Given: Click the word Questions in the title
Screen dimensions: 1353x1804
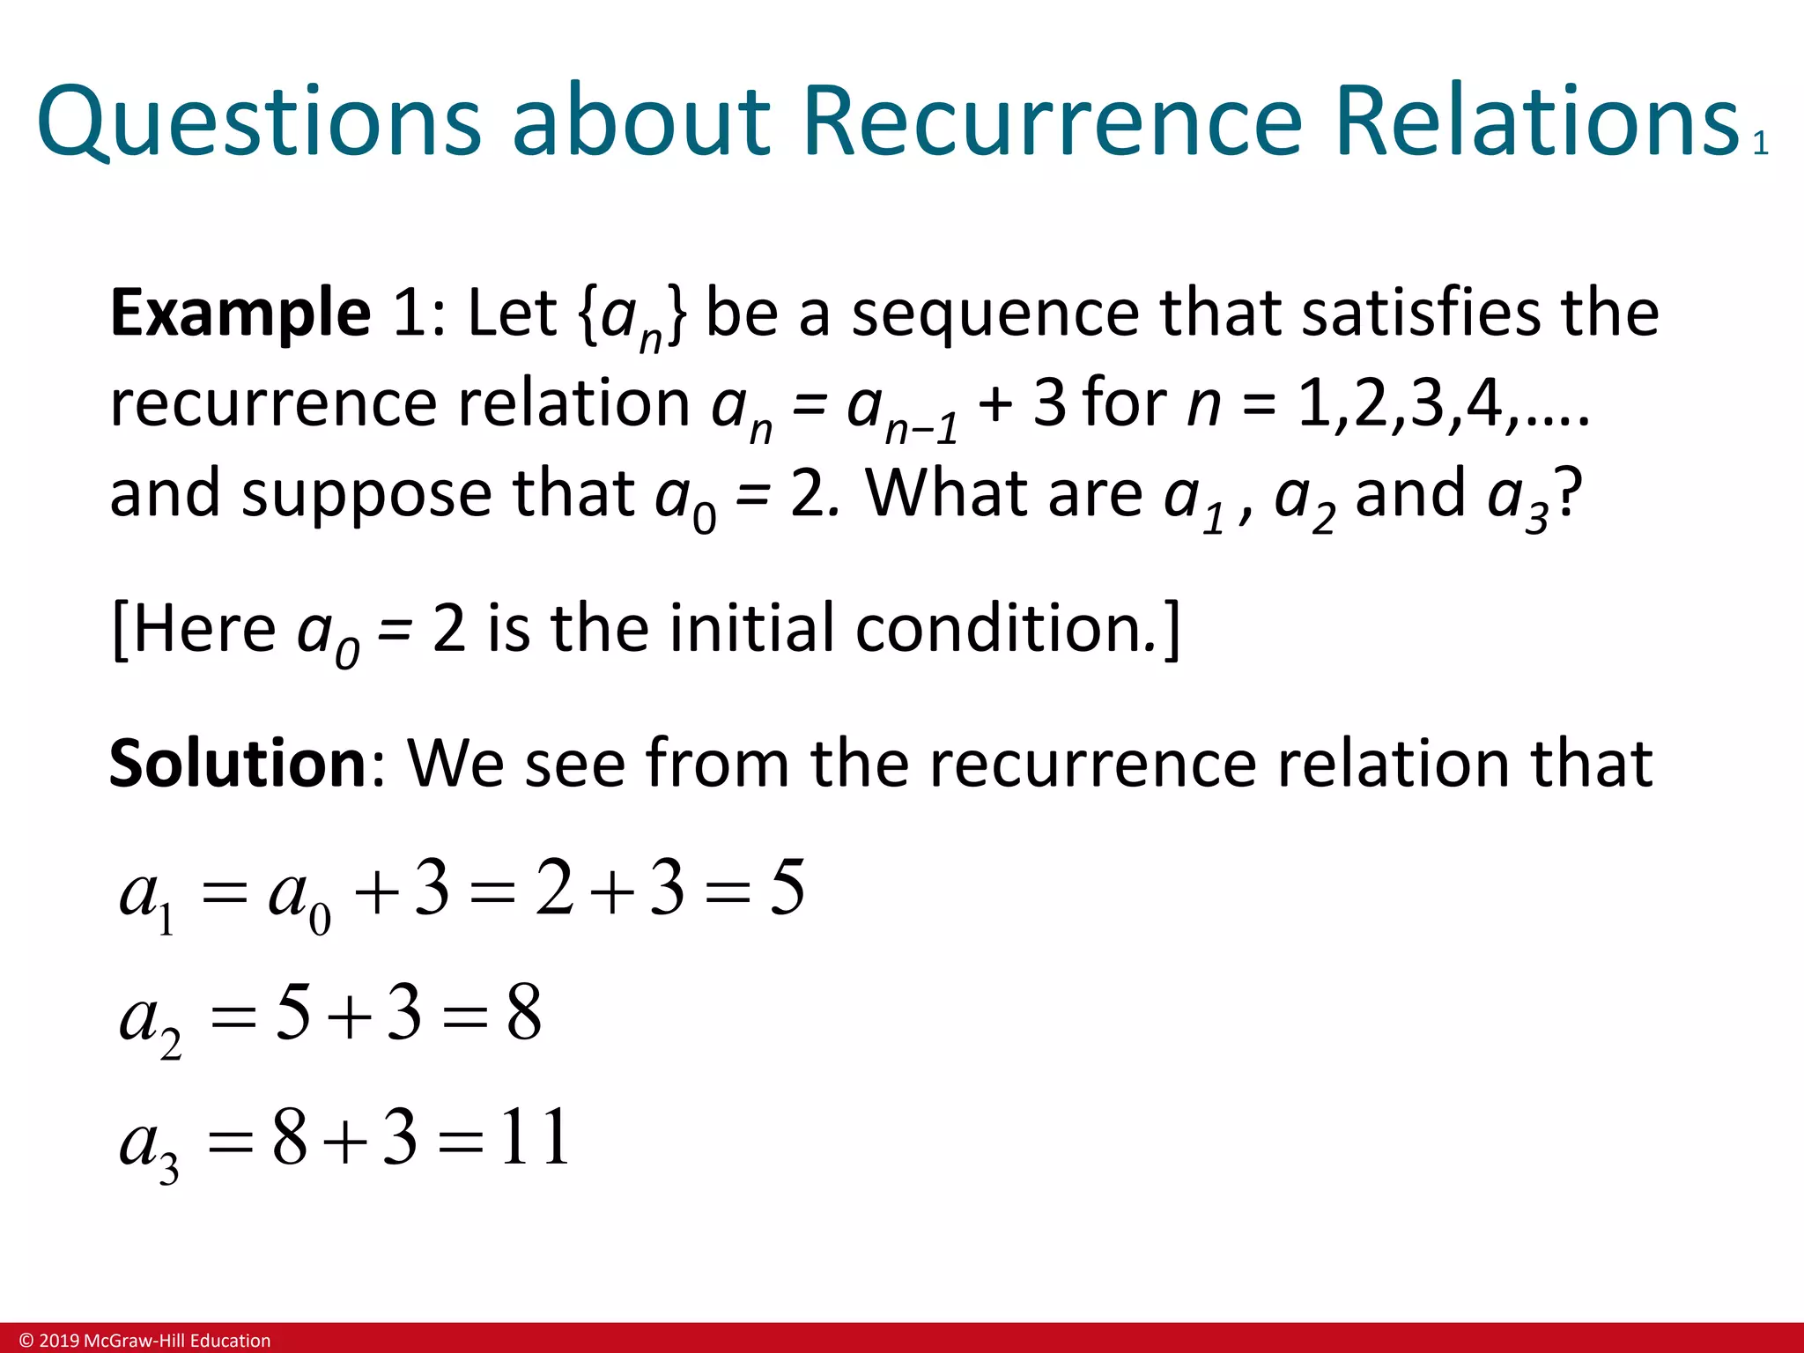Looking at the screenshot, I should [259, 122].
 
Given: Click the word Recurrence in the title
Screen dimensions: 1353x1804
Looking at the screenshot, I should [1052, 122].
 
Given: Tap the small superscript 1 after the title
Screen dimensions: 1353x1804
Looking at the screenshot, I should [1760, 144].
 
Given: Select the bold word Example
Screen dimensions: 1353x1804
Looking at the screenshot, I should [240, 314].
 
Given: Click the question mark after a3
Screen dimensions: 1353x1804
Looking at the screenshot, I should [1569, 493].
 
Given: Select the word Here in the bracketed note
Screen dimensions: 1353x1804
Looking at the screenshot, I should [204, 629].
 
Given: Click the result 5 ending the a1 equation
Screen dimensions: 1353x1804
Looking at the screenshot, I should [787, 888].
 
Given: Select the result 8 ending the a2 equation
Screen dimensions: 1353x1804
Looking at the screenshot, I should [524, 1013].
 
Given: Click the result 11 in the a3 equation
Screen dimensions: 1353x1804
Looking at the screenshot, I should [535, 1138].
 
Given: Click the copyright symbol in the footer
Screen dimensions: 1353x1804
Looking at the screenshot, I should [26, 1341].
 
